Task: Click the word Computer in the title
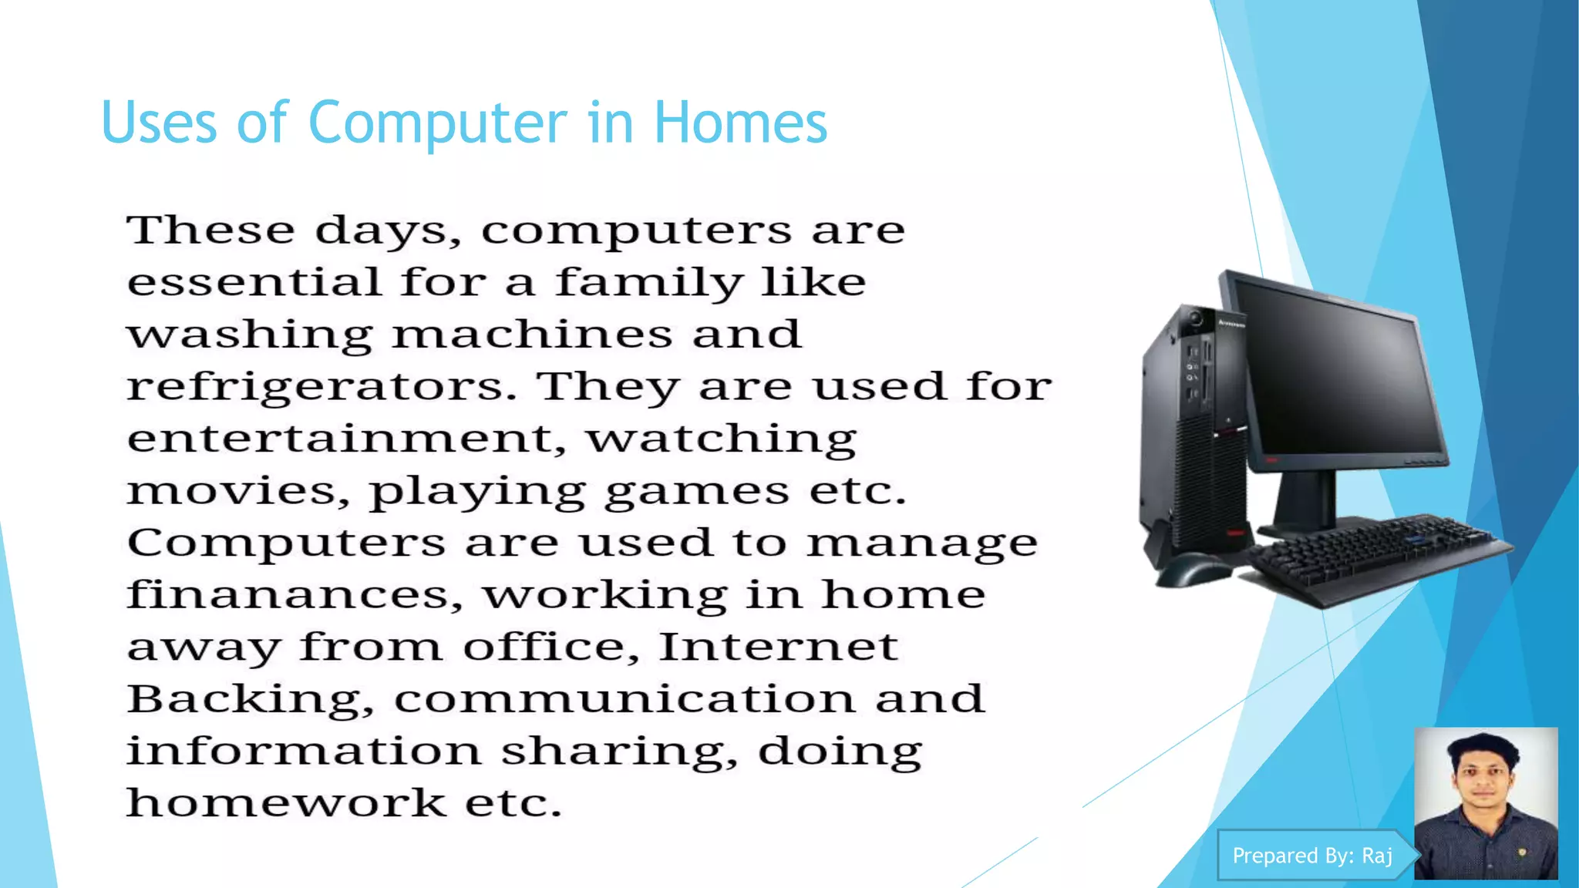click(437, 123)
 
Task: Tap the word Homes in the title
click(740, 123)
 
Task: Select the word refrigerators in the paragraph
click(321, 387)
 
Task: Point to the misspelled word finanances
click(295, 595)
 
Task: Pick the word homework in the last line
click(286, 803)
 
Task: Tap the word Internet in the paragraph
click(779, 647)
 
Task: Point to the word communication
click(625, 699)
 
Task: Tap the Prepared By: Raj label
click(1312, 856)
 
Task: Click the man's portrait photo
click(1486, 803)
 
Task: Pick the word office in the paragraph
click(550, 647)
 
